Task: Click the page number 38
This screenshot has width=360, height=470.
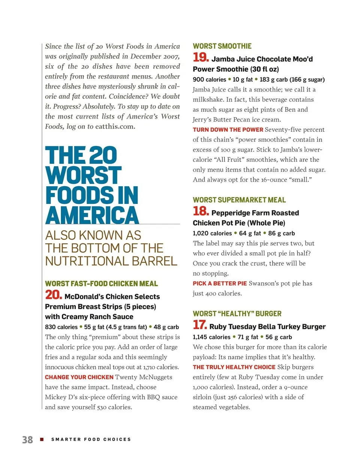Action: [27, 440]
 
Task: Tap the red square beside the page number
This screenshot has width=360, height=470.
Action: [42, 439]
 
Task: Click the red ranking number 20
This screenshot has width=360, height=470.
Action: [54, 295]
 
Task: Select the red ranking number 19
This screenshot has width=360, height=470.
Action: [201, 57]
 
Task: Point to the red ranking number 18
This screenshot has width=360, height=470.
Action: [201, 211]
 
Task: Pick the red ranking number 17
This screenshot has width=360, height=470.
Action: [200, 325]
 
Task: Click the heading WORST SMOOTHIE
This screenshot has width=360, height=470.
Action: [222, 46]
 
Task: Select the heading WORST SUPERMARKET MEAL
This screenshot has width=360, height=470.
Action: [239, 200]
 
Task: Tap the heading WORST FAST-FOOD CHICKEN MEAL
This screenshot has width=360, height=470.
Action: [101, 284]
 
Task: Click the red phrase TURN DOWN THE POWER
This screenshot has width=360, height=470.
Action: [228, 130]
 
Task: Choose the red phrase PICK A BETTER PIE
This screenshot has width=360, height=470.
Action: [220, 284]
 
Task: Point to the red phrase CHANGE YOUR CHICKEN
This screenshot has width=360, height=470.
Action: [79, 377]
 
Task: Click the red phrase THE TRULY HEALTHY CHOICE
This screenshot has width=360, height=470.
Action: [234, 367]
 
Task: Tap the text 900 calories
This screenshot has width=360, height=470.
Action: [209, 80]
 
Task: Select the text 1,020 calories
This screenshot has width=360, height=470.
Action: [212, 233]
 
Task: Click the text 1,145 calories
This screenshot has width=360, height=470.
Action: [211, 337]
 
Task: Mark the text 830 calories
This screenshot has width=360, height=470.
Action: [61, 327]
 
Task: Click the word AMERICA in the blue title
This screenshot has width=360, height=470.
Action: [92, 215]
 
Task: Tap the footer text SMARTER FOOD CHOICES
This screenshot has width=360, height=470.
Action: [91, 439]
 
